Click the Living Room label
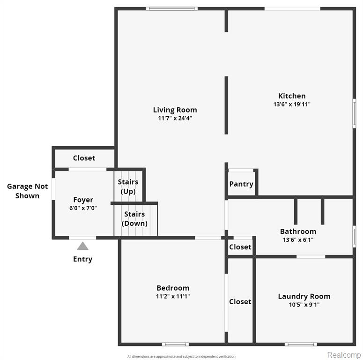click(x=175, y=110)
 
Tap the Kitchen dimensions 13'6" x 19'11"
click(x=292, y=104)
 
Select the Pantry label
click(x=241, y=184)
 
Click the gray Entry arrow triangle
click(x=82, y=246)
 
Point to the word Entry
click(x=82, y=259)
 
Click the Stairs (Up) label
click(x=128, y=187)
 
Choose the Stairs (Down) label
click(x=134, y=219)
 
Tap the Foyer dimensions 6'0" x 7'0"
click(x=83, y=208)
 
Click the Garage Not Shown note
click(x=27, y=191)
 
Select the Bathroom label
click(x=298, y=231)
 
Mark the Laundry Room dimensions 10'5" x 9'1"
click(x=304, y=305)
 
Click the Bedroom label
click(x=173, y=288)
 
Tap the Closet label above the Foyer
click(x=84, y=158)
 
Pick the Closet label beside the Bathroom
click(x=240, y=247)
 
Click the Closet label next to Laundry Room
click(x=240, y=301)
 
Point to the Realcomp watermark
click(x=344, y=355)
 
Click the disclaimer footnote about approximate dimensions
click(x=181, y=356)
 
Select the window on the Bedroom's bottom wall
click(x=175, y=344)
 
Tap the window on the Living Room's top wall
click(x=172, y=9)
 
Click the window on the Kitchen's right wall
click(x=354, y=113)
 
